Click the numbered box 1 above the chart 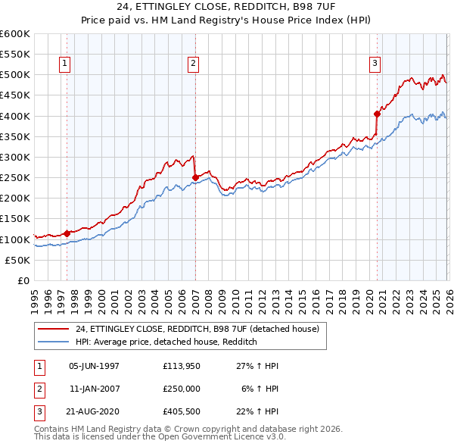(x=65, y=64)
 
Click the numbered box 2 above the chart (x=194, y=64)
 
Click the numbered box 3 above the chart (x=375, y=64)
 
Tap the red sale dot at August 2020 (x=377, y=114)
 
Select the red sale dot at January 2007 (x=195, y=177)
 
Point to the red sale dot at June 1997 (x=67, y=233)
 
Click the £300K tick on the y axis (x=15, y=157)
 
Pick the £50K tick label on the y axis (x=17, y=260)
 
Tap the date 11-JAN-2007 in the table (x=95, y=389)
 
